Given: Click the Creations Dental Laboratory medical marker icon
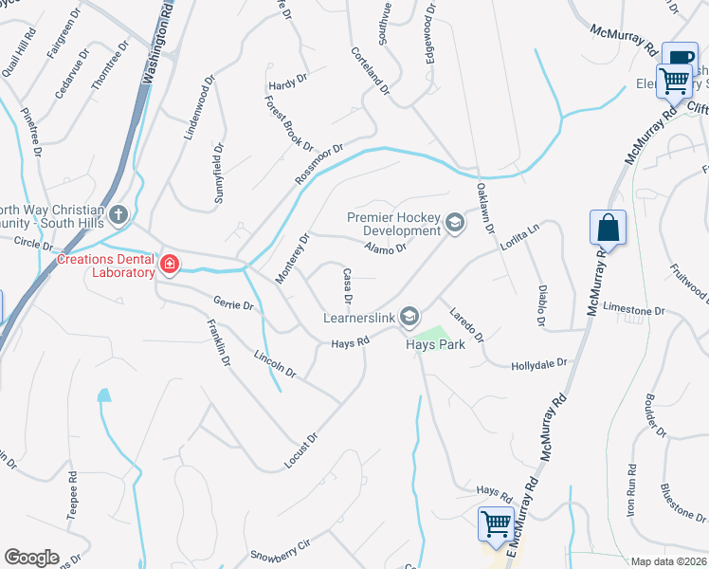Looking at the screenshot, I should click(x=170, y=264).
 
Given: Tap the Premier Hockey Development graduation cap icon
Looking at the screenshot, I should click(x=455, y=224).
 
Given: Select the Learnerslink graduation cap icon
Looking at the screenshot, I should click(x=410, y=315).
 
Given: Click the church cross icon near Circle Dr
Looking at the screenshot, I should click(x=118, y=214).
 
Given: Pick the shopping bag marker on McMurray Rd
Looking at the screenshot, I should click(x=608, y=229).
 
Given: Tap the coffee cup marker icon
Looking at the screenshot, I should click(x=679, y=59).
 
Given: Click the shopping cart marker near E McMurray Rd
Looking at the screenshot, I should click(x=496, y=523).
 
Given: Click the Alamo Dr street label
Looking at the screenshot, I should click(x=385, y=248).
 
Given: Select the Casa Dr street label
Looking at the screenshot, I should click(x=348, y=286).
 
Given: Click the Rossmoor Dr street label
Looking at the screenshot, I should click(x=318, y=164).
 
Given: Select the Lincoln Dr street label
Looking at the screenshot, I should click(x=276, y=368).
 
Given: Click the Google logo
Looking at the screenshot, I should click(x=31, y=558).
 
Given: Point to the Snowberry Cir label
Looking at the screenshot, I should click(x=280, y=552).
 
